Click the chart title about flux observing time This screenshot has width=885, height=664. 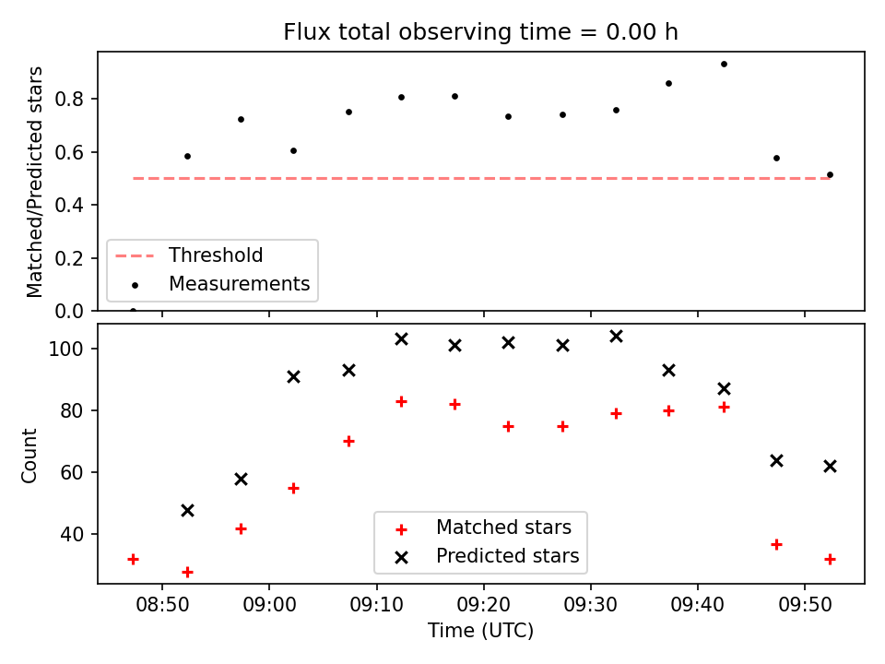480,32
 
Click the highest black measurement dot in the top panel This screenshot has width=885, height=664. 725,65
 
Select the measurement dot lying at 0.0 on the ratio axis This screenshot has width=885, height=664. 133,311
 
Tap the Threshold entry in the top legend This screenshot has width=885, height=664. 189,255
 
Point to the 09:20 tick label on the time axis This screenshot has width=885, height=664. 484,605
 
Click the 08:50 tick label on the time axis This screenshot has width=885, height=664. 162,605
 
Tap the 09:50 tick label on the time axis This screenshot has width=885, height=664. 805,605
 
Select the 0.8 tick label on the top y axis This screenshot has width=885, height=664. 69,100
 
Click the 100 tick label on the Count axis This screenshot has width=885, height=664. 66,349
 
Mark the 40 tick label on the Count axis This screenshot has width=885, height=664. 72,534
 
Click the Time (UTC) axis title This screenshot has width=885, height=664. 480,630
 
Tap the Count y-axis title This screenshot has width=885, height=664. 29,455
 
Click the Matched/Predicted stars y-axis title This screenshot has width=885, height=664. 34,182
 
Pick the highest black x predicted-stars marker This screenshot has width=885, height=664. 617,337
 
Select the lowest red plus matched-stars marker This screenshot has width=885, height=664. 187,572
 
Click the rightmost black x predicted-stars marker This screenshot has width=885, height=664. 830,467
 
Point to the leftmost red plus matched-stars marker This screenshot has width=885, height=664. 133,560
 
